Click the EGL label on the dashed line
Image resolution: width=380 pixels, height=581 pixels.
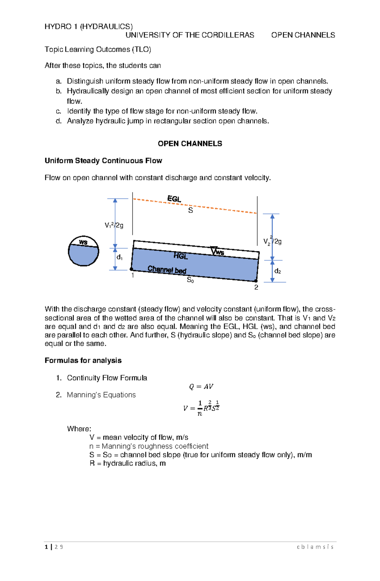tap(174, 199)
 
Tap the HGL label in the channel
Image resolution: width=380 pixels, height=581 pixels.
tap(180, 256)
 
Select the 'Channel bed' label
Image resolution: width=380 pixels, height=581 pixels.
tap(167, 269)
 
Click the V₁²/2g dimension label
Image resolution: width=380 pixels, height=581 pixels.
tap(114, 225)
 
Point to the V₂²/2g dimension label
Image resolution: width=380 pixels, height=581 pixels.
tap(272, 241)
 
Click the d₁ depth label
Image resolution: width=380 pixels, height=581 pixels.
tap(119, 257)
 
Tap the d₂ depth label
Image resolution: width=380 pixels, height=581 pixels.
tap(278, 271)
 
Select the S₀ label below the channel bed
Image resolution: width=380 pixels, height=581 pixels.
tap(190, 280)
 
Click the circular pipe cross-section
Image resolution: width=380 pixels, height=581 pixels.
tap(84, 251)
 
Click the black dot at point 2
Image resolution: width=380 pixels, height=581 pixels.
tap(256, 281)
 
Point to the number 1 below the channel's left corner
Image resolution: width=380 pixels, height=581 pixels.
tap(133, 275)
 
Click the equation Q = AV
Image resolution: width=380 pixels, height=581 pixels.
tap(201, 387)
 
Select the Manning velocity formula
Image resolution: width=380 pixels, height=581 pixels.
tap(201, 408)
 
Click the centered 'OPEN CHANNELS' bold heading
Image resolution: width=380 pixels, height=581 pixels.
tap(190, 144)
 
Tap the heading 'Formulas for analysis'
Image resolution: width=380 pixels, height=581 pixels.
tap(83, 360)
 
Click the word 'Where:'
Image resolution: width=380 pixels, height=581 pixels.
tap(79, 429)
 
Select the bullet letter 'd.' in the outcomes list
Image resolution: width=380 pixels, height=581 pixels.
tap(59, 121)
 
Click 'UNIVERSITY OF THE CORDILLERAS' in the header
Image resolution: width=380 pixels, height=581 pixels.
tap(190, 35)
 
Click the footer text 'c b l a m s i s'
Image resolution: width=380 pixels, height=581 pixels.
tap(315, 547)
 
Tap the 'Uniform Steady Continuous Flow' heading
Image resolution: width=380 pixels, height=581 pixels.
tap(103, 161)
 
